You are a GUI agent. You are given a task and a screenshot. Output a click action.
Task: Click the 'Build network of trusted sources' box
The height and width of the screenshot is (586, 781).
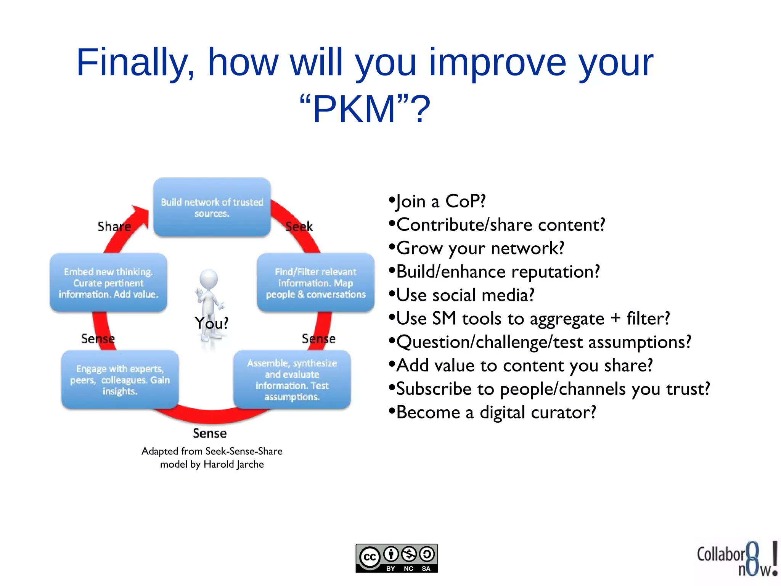coord(212,207)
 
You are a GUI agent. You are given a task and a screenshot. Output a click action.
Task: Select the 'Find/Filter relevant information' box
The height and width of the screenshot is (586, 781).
coord(315,283)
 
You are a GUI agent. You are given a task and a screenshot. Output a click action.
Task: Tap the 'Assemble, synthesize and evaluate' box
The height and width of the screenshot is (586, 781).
coord(292,380)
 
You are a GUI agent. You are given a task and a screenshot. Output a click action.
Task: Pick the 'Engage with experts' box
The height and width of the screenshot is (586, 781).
coord(120,380)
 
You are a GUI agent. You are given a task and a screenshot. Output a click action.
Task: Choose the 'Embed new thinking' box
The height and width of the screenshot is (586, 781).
coord(108,283)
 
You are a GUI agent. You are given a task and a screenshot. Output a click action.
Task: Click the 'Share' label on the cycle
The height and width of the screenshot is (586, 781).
coord(114,227)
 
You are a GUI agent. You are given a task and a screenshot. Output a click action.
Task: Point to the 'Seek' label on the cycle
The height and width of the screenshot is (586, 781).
coord(299,227)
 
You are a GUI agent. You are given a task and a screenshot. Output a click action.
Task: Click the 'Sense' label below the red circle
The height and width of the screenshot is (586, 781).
coord(209,433)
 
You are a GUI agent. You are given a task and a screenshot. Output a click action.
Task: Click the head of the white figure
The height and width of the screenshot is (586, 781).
coord(209,279)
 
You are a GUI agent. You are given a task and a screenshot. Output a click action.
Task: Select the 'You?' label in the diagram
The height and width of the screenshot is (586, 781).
coord(211,324)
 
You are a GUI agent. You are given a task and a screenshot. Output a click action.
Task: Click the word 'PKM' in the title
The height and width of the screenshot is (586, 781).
coord(354,109)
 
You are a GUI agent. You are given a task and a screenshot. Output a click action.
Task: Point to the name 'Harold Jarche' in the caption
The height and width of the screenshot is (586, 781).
coord(233,464)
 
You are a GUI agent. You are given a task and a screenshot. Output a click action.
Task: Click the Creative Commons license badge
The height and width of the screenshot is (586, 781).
coord(397,558)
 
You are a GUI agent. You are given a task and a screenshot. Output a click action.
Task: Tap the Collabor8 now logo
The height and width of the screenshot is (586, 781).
coord(737,559)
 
